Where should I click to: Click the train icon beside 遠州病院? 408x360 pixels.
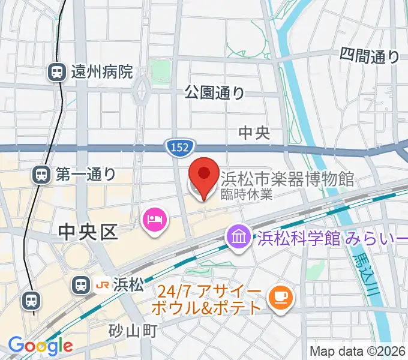(x=57, y=73)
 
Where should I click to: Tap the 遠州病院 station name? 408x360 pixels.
(x=101, y=73)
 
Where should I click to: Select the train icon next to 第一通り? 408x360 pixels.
(x=41, y=175)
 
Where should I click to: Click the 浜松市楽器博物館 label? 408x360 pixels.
(x=287, y=179)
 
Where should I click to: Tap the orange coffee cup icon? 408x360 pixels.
(x=280, y=296)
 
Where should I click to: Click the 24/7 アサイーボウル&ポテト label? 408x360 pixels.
(x=210, y=301)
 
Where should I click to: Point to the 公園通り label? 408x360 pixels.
(x=214, y=92)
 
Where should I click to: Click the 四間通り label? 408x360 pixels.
(x=369, y=56)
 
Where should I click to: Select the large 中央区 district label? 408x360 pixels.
(x=88, y=232)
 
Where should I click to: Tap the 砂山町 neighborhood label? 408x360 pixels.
(x=133, y=329)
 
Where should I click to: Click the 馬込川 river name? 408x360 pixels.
(x=362, y=266)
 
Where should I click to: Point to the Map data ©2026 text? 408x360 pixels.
(x=358, y=350)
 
